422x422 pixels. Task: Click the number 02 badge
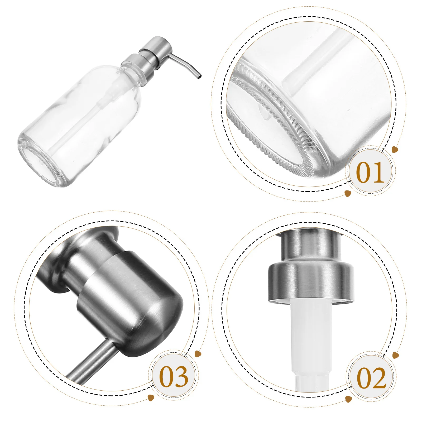371,378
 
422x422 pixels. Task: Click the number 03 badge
174,376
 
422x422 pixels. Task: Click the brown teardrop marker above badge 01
395,150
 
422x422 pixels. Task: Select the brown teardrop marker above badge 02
395,355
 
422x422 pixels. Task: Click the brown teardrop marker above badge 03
198,354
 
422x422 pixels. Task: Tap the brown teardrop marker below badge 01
348,194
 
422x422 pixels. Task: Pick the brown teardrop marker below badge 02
348,399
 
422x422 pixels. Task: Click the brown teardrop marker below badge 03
151,398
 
